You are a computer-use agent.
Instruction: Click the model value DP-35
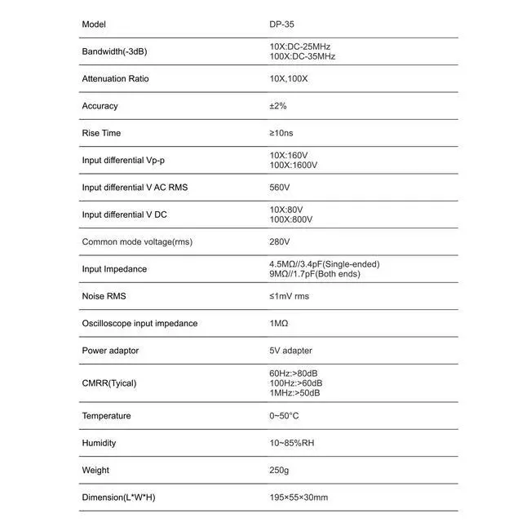click(282, 24)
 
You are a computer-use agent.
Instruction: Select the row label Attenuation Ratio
click(115, 79)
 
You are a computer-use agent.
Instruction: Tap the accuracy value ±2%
click(277, 106)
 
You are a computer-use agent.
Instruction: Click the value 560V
click(279, 188)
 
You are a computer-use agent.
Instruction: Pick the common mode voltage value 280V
click(279, 242)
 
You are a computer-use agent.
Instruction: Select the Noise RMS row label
click(104, 296)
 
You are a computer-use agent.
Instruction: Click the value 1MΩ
click(278, 324)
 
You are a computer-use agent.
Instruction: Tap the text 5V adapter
click(290, 351)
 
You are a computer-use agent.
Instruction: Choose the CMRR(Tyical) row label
click(108, 383)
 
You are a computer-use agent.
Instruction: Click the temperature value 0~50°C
click(284, 416)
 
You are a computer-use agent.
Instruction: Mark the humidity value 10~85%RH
click(291, 443)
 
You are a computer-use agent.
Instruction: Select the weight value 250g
click(279, 471)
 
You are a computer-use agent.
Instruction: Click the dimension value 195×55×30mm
click(299, 498)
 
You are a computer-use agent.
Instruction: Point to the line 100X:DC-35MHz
click(302, 56)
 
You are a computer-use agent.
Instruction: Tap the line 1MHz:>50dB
click(294, 393)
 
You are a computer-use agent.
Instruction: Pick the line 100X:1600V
click(293, 165)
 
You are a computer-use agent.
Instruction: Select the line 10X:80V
click(285, 210)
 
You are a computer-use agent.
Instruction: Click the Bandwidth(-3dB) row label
click(115, 51)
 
